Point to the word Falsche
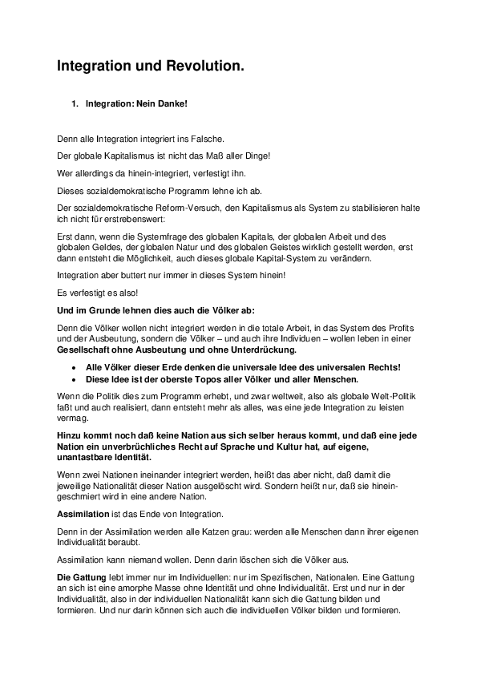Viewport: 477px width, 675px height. click(x=208, y=139)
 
